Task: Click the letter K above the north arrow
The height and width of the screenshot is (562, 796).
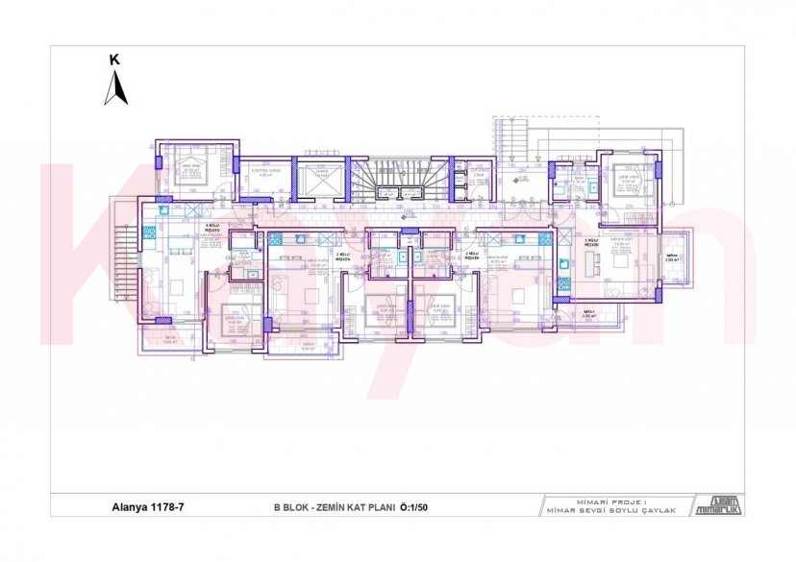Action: pos(114,60)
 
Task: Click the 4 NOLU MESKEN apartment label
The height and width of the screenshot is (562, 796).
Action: pos(209,230)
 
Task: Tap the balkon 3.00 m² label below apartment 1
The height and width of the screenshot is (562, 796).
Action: pos(587,313)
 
